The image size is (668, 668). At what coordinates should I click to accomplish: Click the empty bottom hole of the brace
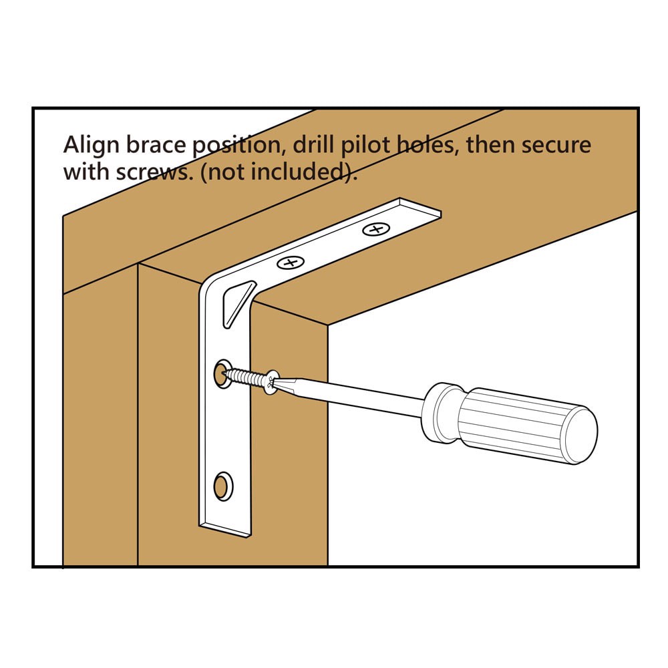(x=222, y=485)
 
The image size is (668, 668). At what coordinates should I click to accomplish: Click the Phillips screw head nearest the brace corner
(x=290, y=263)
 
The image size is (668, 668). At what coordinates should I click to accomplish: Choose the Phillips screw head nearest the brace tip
(x=375, y=230)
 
